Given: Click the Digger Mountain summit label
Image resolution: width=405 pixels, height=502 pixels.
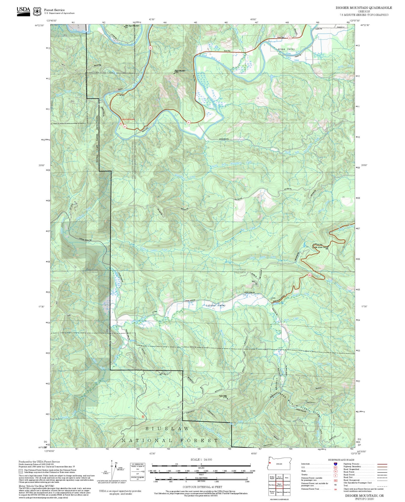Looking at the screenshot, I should coord(180,71).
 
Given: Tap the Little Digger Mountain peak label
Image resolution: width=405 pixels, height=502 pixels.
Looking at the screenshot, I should coord(132,26).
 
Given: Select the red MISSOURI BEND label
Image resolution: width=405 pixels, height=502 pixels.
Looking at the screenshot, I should coord(128,119).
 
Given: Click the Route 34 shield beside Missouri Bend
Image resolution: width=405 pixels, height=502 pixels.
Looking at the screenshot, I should coord(124,126).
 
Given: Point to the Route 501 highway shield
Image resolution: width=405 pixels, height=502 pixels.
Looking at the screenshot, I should coord(309,275).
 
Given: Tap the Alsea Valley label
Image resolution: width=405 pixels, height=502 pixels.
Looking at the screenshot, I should coord(286,49).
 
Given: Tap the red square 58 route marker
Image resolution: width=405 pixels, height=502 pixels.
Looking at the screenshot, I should coord(143,417).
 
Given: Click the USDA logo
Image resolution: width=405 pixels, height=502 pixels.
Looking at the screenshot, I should coord(23,11).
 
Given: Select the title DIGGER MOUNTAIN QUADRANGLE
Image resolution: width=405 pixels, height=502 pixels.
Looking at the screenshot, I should coord(364,8).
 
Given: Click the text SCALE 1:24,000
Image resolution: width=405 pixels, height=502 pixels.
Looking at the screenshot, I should coord(201,459).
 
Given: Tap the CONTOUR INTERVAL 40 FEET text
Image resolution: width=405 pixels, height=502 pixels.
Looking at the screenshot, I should coord(202,487).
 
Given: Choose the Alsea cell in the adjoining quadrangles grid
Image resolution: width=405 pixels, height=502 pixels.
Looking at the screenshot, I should coord(287,477).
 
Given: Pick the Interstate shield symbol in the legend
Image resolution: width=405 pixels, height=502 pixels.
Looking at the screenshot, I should coord(335,464).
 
